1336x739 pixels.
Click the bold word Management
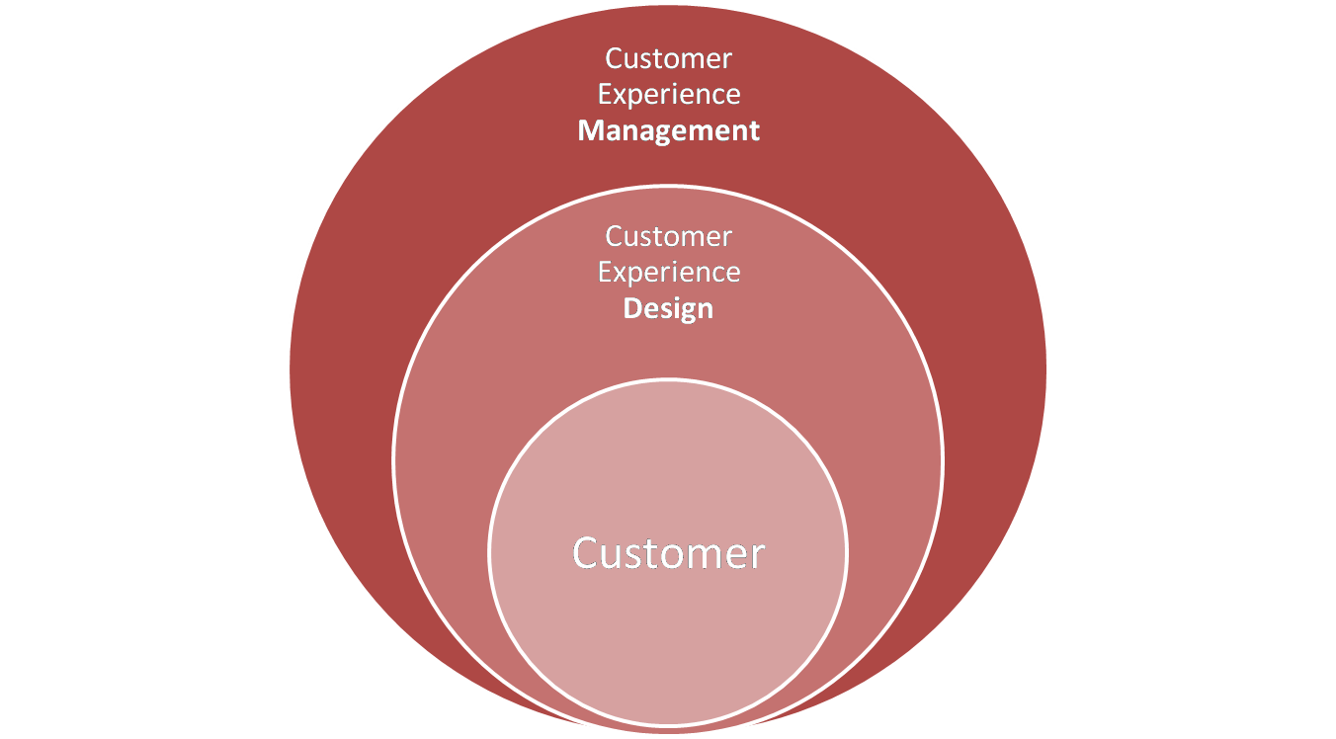[x=669, y=130]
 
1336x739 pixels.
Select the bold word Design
[x=668, y=308]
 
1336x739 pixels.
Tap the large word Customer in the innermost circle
[x=668, y=553]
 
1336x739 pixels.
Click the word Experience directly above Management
[x=669, y=95]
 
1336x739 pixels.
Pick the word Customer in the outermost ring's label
[x=669, y=58]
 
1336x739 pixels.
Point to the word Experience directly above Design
[x=669, y=272]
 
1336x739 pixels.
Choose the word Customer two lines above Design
[x=669, y=236]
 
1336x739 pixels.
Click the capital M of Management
[x=591, y=130]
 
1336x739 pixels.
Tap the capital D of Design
[x=632, y=308]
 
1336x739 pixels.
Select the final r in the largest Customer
[x=757, y=555]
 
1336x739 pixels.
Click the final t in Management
[x=754, y=130]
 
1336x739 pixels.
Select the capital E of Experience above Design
[x=606, y=272]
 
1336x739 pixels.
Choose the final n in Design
[x=705, y=309]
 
